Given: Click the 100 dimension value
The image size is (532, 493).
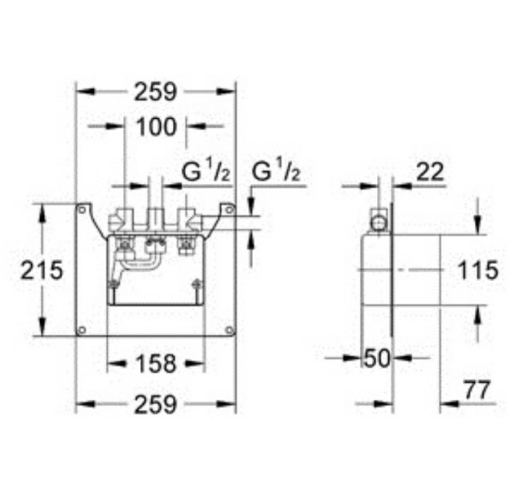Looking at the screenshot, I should (x=156, y=125).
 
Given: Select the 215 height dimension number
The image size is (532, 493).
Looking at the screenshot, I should (x=41, y=271).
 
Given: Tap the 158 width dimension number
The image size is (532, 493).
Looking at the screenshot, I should (x=155, y=363).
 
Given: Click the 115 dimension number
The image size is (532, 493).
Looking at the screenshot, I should (x=476, y=271).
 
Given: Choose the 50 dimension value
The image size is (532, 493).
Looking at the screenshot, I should (x=377, y=359).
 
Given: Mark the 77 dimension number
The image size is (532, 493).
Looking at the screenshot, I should (x=475, y=389).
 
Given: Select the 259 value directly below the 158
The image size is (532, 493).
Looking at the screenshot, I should (x=156, y=405).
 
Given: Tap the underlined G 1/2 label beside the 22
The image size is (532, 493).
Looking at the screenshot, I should (x=275, y=171).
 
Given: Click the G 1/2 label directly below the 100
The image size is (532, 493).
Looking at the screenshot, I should (x=206, y=171).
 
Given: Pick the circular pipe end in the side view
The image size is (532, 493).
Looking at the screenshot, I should (x=379, y=222).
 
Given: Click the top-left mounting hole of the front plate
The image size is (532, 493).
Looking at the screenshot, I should (x=82, y=210).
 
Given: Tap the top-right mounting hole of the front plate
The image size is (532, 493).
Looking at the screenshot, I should (x=228, y=210).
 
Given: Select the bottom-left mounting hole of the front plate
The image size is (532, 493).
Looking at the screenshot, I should (x=82, y=329).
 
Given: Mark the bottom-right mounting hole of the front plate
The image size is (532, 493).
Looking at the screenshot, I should (x=228, y=329).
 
